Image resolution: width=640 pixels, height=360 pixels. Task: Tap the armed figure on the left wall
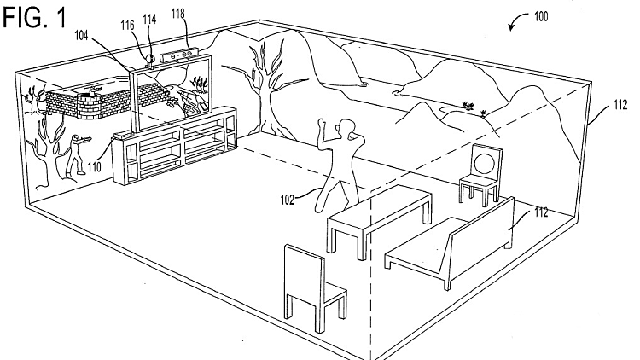[79, 154]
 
